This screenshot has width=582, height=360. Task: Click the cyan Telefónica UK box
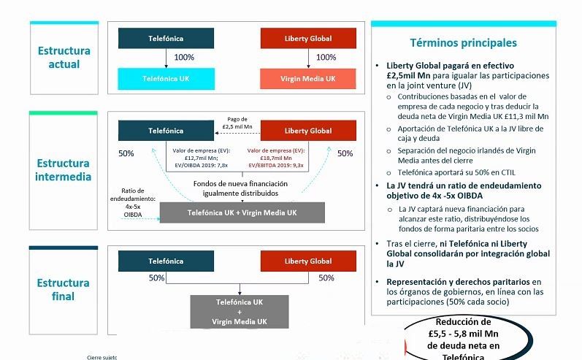(x=166, y=77)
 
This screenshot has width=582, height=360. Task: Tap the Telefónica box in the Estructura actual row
(x=166, y=38)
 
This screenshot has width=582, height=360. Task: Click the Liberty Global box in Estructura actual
(x=307, y=38)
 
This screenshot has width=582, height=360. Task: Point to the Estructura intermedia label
(x=64, y=169)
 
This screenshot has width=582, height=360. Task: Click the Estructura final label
(x=64, y=289)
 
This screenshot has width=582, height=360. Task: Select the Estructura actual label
(x=64, y=58)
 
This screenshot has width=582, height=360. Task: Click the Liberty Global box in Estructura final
(x=307, y=261)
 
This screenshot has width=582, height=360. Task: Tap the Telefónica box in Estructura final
(x=166, y=261)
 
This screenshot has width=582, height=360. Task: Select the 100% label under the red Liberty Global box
(x=326, y=58)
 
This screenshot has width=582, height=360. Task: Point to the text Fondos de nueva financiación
(x=240, y=183)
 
